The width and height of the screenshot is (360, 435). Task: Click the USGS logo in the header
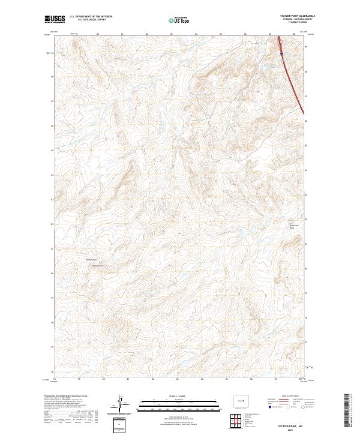[x=55, y=19]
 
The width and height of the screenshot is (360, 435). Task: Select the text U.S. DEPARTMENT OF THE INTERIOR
[x=91, y=17]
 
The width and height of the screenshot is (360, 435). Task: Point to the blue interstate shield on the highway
[x=281, y=55]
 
